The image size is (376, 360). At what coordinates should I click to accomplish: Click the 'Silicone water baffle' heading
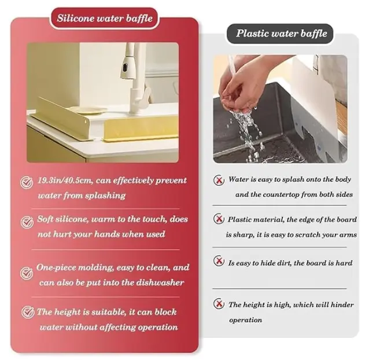pyautogui.click(x=104, y=18)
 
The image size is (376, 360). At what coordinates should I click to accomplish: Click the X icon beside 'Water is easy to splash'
pyautogui.click(x=219, y=181)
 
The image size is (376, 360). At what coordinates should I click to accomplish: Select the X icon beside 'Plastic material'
pyautogui.click(x=219, y=220)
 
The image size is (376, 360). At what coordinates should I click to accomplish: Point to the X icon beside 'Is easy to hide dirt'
pyautogui.click(x=219, y=261)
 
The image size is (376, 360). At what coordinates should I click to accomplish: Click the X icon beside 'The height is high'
pyautogui.click(x=219, y=303)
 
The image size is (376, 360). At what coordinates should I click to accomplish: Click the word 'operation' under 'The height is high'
pyautogui.click(x=245, y=319)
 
